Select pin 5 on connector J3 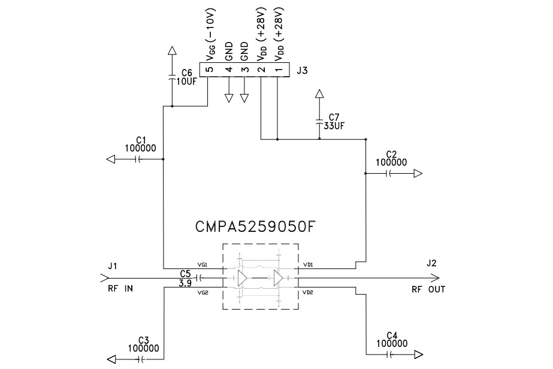(x=208, y=70)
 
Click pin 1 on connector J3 (x=277, y=70)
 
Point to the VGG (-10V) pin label (x=210, y=32)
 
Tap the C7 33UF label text (x=334, y=122)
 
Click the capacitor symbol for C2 (x=389, y=174)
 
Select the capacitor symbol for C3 (x=142, y=359)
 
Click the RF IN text (x=120, y=289)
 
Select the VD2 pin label (x=308, y=292)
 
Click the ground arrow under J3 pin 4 (x=228, y=98)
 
